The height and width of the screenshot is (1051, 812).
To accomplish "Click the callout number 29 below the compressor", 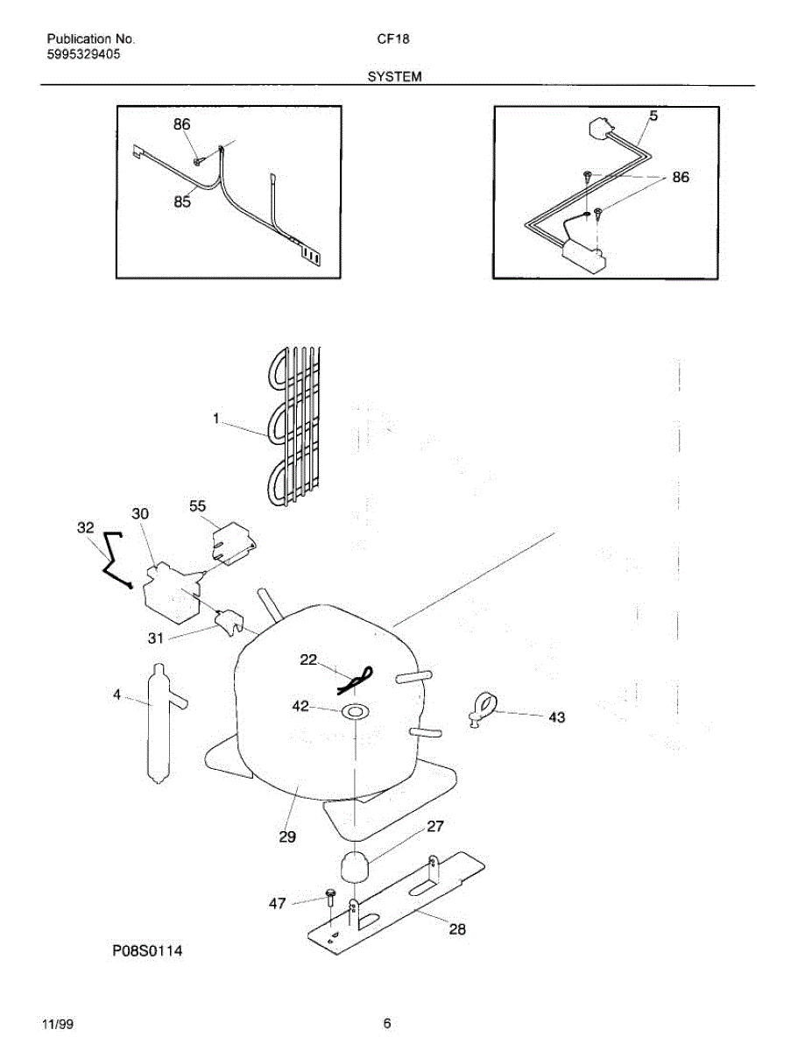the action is tap(287, 837).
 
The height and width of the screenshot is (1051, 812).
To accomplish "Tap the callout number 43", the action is tap(556, 717).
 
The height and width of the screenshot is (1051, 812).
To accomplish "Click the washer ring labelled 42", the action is tap(354, 711).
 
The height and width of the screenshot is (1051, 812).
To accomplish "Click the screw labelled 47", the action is tap(330, 896).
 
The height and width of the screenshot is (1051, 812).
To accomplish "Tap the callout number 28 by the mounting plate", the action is tap(457, 929).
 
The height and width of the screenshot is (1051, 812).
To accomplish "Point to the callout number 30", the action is tap(141, 513).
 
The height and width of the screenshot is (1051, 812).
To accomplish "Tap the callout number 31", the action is tap(155, 638).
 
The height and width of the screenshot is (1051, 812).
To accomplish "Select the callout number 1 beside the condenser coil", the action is tap(215, 419).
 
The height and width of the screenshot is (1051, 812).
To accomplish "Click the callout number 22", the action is tap(308, 660).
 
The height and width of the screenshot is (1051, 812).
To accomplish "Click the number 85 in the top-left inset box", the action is tap(182, 201).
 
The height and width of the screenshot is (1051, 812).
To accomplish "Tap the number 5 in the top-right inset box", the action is tap(653, 116).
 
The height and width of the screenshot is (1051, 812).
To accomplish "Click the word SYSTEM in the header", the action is tap(394, 77).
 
